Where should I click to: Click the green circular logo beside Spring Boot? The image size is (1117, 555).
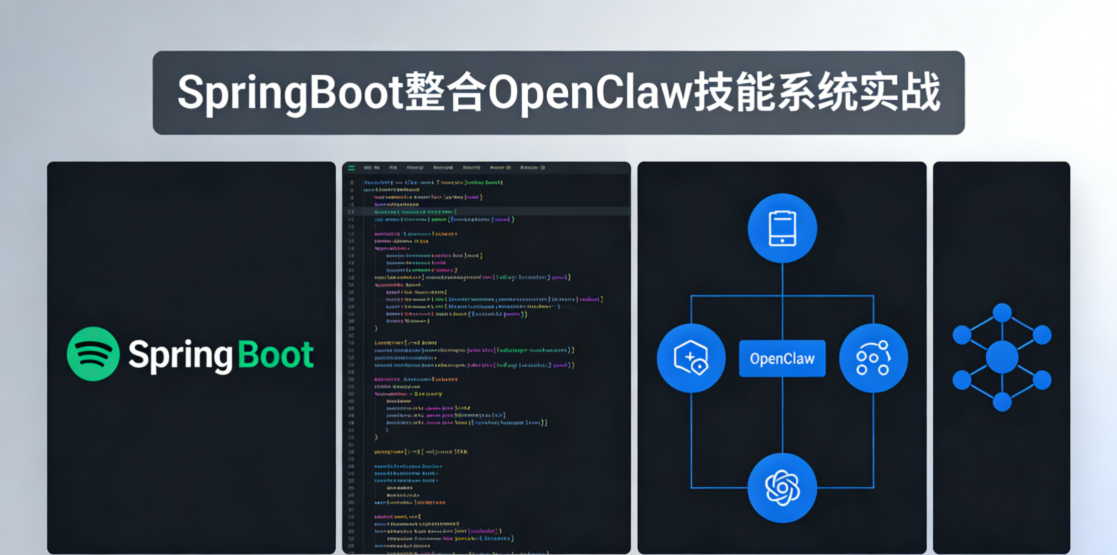click(93, 354)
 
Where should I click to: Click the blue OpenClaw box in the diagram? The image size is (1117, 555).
click(782, 359)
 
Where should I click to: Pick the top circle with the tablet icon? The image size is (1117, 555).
click(782, 228)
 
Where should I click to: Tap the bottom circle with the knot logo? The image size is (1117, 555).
click(782, 488)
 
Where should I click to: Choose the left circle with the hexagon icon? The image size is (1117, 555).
click(691, 358)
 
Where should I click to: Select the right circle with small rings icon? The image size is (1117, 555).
click(873, 358)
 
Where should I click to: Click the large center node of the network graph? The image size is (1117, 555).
click(1002, 357)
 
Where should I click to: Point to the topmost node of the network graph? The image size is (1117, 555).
click(1002, 313)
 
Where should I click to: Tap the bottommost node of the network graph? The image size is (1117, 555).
click(1002, 402)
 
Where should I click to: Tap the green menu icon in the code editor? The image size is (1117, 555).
click(351, 168)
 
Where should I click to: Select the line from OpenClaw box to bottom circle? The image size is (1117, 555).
click(782, 414)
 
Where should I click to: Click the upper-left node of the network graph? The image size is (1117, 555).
click(962, 335)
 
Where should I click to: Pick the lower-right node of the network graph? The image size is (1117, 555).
click(1042, 380)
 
